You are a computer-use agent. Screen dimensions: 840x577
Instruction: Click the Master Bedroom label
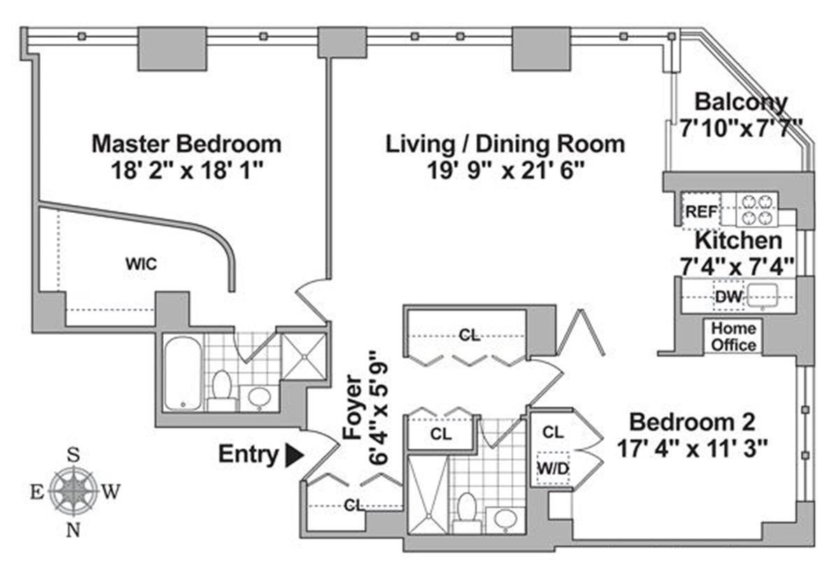coord(186,144)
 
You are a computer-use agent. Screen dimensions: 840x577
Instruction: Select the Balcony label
coord(741,102)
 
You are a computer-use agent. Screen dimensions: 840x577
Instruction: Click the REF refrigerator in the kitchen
coord(701,211)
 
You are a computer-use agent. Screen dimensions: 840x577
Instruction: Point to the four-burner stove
coord(757,209)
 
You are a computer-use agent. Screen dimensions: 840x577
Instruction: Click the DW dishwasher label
coord(728,297)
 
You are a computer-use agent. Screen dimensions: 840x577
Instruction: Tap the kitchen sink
coord(762,296)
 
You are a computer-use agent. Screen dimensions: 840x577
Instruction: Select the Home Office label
coord(734,337)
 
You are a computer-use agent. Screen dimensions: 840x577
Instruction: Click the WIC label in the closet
coord(141,264)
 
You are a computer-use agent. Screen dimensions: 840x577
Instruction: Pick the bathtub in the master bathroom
coord(183,373)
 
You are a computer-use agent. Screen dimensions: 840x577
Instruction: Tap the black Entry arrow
coord(295,455)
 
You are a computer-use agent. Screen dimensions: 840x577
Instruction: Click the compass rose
coord(73,492)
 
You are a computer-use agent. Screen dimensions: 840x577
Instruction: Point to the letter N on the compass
coord(73,531)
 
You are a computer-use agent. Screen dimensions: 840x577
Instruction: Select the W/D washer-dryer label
coord(553,468)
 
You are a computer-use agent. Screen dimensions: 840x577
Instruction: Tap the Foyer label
coord(353,407)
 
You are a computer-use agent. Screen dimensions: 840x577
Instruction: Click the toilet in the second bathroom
coord(467,512)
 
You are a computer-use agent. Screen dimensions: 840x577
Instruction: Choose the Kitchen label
coord(738,241)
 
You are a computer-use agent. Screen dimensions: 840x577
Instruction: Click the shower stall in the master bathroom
coord(303,356)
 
